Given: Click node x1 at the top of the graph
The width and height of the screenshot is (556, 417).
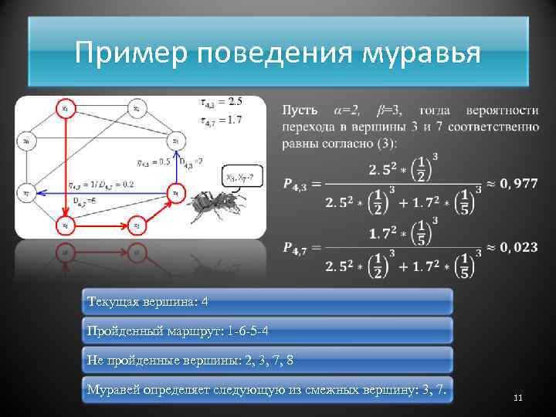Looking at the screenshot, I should pos(65,108).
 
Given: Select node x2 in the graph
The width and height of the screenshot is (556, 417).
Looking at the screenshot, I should pos(136,108).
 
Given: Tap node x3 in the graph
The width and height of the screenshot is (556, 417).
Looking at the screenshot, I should pos(176,141).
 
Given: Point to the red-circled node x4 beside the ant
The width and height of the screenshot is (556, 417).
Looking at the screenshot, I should pos(176,192).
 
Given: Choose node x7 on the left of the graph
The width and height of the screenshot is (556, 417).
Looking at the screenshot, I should pos(26,192).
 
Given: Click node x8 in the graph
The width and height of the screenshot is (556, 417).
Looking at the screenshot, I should pos(26,141).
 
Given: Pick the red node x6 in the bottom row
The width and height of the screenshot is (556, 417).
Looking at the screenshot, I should pos(65,225).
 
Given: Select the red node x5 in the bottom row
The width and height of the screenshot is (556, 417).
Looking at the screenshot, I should pos(136,225).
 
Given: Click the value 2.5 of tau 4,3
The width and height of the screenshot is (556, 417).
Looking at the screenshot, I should pos(235,101).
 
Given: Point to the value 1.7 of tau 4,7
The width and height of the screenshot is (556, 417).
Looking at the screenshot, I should pos(235,120).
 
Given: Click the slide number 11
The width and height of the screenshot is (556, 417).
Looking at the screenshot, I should pos(517,398).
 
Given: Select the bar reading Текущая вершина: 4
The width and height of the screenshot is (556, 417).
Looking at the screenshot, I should pos(266,301).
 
